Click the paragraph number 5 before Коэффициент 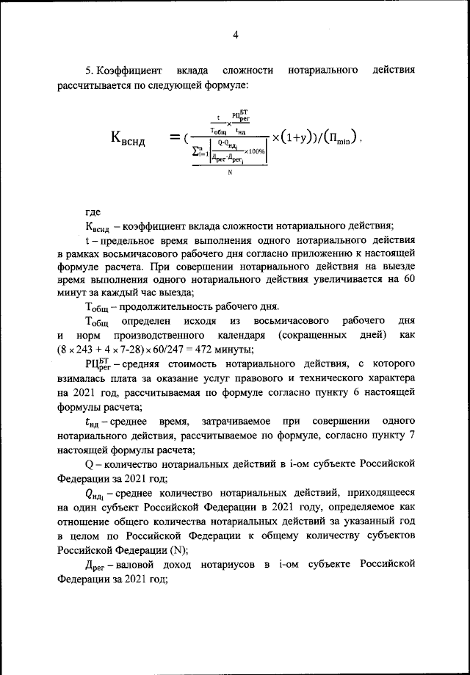[x=88, y=71]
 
